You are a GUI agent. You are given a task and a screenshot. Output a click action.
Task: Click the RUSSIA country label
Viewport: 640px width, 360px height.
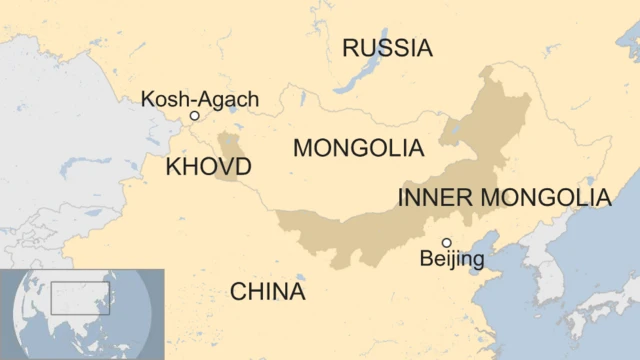tap(387, 48)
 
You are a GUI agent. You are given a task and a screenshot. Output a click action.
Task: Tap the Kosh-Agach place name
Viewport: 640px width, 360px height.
tap(200, 99)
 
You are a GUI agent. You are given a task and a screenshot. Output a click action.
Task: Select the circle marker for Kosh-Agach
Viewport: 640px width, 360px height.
tap(195, 116)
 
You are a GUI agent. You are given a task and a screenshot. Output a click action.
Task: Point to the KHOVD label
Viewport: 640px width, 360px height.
tap(208, 166)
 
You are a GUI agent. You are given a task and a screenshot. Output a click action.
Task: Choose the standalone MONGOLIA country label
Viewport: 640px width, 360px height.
tap(357, 148)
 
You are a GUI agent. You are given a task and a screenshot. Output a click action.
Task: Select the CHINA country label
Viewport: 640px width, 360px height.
tap(267, 292)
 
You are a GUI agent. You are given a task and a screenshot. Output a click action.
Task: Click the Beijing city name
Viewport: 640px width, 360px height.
tap(451, 260)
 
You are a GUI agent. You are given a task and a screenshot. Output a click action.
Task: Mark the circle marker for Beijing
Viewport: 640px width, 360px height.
tap(447, 242)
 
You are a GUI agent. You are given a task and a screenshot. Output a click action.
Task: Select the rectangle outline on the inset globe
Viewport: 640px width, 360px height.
tap(80, 297)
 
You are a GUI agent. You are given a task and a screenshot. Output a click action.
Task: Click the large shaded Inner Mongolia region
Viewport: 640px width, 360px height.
tap(400, 225)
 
